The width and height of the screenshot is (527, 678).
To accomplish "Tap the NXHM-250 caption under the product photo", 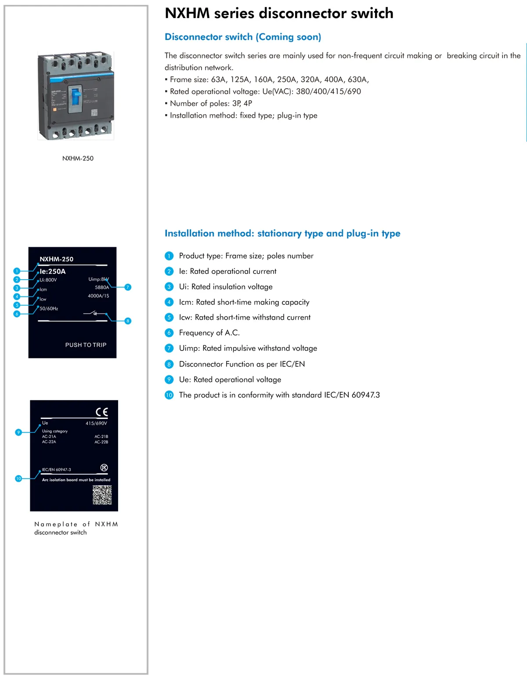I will click(78, 159).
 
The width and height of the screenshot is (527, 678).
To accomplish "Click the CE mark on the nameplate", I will click(101, 412).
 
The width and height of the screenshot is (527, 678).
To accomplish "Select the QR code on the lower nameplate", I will click(102, 495).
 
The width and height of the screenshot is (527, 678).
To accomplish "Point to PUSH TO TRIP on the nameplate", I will click(86, 345).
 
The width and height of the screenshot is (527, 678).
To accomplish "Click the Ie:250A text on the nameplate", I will click(53, 272).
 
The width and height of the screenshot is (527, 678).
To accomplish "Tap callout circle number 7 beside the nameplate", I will click(128, 287).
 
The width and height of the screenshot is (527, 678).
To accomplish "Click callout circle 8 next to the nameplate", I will click(128, 321).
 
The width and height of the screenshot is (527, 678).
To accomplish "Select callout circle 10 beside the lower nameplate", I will click(18, 479).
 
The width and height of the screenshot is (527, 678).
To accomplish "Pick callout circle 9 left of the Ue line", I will click(18, 433).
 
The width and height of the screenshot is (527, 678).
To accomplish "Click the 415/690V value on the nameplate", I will click(96, 424).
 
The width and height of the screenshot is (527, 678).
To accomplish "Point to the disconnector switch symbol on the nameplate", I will click(95, 313).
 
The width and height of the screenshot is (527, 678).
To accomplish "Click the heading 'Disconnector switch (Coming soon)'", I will click(243, 37).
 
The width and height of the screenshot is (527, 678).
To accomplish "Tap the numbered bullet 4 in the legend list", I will click(169, 302).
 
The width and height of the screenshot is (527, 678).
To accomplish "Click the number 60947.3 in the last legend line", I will click(365, 395).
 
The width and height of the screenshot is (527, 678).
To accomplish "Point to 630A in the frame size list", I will click(357, 79).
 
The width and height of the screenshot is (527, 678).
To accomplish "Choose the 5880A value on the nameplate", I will click(102, 288).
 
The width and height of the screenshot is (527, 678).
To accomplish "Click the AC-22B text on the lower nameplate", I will click(101, 442).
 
